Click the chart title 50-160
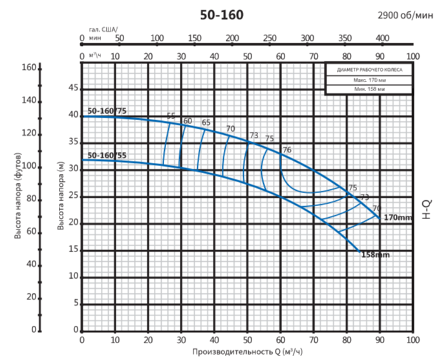pos(221,15)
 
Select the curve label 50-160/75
pos(108,111)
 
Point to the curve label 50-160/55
pos(107,155)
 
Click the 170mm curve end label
pos(397,217)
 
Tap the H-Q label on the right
pos(426,209)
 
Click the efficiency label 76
pos(286,150)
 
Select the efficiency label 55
pos(171,116)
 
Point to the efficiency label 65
pos(206,123)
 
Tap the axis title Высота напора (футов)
pos(19,196)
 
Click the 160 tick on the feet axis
pos(28,67)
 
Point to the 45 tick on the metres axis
pos(73,88)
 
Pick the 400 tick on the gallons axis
pos(382,38)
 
